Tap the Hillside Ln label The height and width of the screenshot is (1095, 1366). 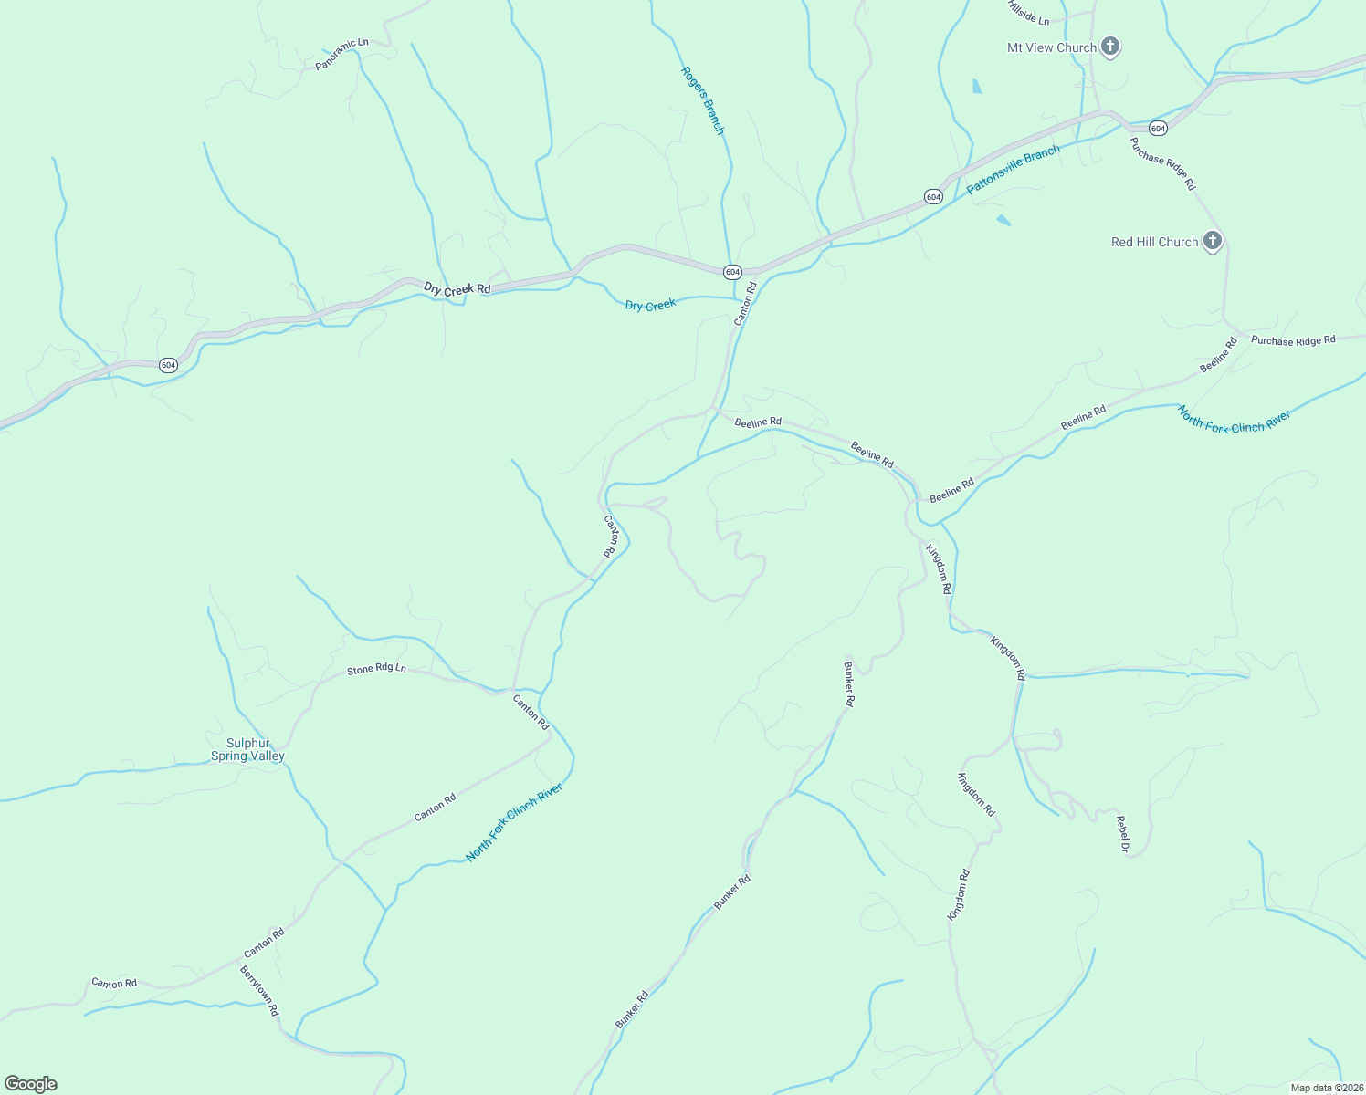pos(1028,13)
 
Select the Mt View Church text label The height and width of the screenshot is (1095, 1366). pos(1051,47)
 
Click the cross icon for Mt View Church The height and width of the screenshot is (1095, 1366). pos(1110,47)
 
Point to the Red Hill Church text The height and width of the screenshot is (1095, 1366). pos(1154,242)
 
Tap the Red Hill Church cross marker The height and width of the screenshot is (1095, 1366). pos(1213,241)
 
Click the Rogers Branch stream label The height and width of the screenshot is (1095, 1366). pos(702,100)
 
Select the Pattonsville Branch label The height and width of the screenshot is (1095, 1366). pos(1014,169)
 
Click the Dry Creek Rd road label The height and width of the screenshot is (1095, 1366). pos(457,288)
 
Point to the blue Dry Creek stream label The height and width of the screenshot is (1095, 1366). pos(650,305)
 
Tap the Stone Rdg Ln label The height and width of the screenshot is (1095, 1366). pos(376,669)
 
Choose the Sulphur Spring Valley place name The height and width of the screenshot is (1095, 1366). pos(247,749)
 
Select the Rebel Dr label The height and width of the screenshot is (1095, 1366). pos(1123,834)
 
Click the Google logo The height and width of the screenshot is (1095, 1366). pos(30,1084)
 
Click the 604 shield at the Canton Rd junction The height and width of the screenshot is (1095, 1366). pos(732,272)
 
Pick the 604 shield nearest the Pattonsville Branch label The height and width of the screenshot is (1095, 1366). pos(932,196)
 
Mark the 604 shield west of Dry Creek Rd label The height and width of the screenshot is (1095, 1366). pos(168,365)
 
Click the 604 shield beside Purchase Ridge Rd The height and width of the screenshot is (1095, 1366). pos(1158,128)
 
